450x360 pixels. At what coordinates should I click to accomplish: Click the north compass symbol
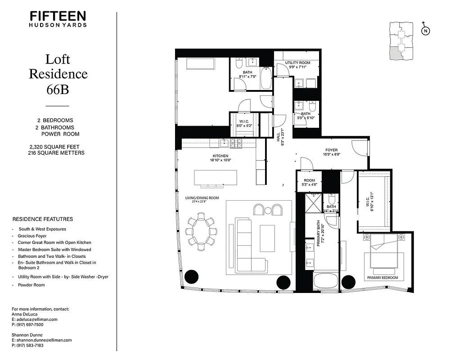tap(425, 31)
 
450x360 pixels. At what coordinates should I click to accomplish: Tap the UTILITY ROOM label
tap(297, 63)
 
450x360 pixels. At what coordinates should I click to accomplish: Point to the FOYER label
tap(332, 150)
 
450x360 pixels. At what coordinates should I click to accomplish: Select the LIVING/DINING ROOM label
tap(202, 198)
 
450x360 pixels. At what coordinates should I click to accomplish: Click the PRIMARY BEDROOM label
tap(383, 278)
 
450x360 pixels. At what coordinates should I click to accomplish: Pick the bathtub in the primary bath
tap(325, 281)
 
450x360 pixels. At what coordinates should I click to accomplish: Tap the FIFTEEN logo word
tap(58, 16)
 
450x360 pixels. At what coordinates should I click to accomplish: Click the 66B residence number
tap(58, 90)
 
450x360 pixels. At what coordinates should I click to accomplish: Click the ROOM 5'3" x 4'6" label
tap(310, 182)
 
